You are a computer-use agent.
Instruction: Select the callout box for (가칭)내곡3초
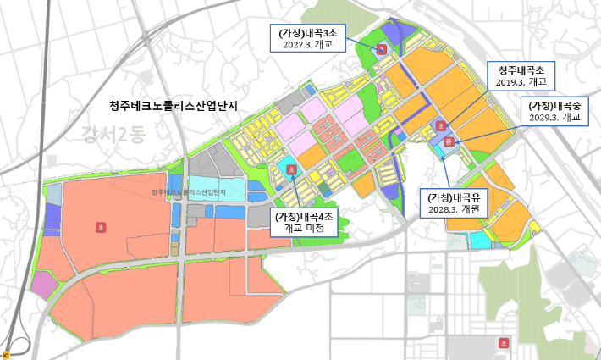[306, 37]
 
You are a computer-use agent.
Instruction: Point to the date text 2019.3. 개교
[523, 83]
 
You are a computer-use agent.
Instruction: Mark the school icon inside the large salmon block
[102, 227]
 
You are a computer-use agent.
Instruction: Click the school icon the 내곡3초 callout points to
[382, 48]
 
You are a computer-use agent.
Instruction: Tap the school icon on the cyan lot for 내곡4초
[291, 170]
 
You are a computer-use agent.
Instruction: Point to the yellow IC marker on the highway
[5, 354]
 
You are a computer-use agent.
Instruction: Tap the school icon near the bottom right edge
[505, 342]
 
